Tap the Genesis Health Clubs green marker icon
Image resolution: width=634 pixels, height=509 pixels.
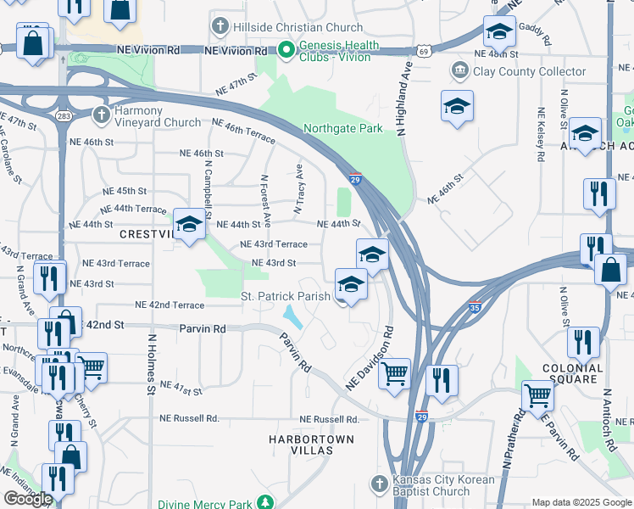(287, 51)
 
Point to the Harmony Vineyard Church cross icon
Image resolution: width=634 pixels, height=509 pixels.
(101, 113)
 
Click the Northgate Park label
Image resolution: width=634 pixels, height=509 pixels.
(343, 129)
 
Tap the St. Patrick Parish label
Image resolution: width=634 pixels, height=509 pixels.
(284, 296)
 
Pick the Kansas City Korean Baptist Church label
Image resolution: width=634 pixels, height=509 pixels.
(431, 485)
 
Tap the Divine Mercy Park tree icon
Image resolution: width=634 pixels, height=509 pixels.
(267, 501)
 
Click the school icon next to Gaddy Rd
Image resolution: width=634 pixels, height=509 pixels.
(499, 31)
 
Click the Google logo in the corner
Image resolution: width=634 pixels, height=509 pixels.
(28, 499)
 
